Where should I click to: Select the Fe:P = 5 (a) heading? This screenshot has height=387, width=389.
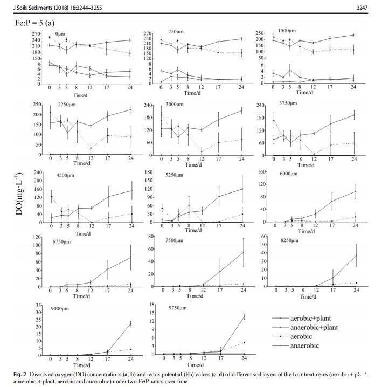[35, 23]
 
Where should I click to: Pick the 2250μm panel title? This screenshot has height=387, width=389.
[66, 107]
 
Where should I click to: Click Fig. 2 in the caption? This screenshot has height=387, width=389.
[24, 374]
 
